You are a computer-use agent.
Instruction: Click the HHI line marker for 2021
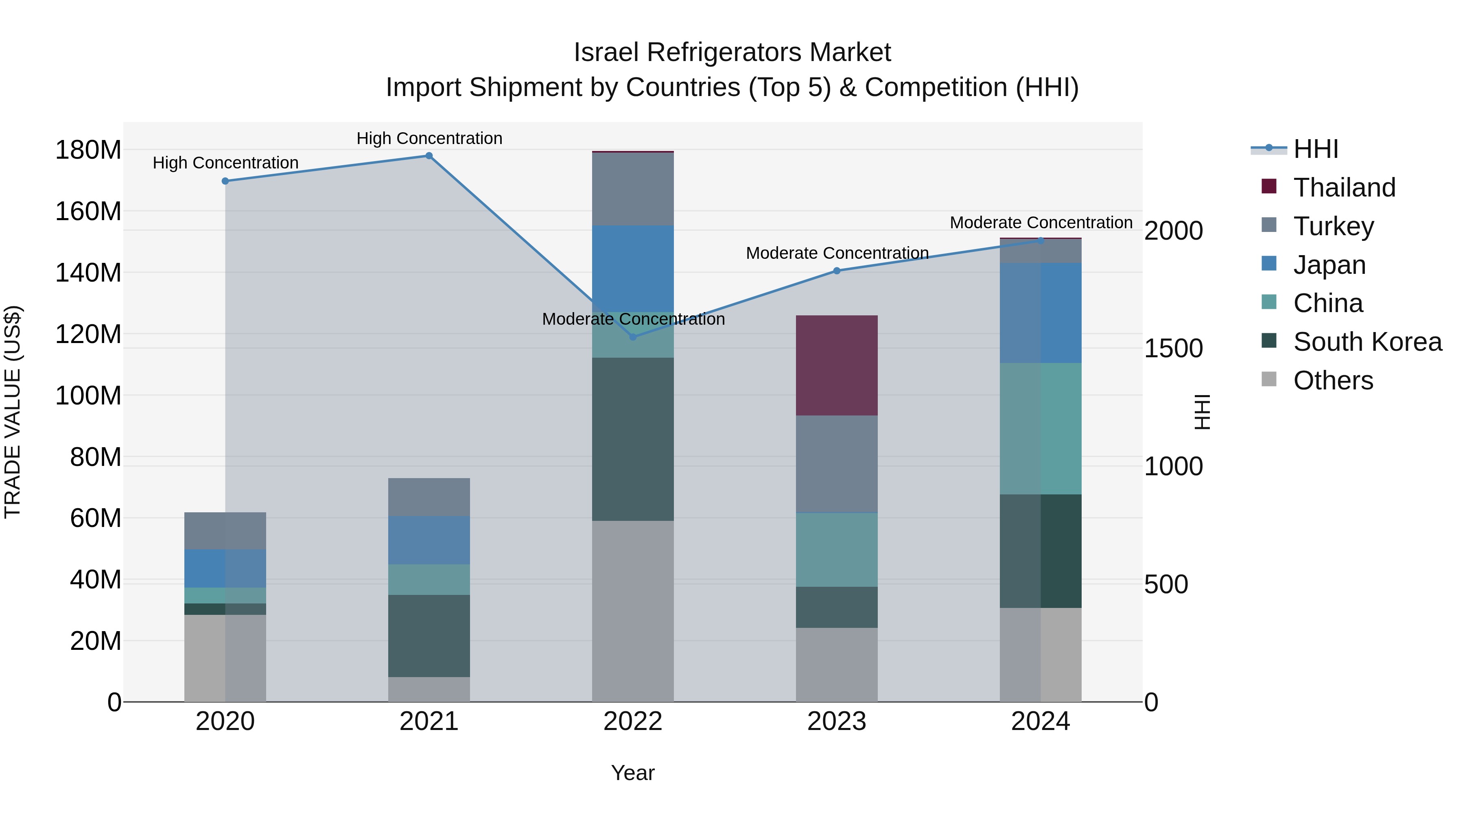pos(429,156)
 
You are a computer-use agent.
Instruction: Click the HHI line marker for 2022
pos(633,337)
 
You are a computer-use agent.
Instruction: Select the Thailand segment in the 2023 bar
pos(837,365)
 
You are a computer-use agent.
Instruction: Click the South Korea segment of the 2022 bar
pos(633,439)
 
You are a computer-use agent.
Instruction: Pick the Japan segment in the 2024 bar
pos(1041,313)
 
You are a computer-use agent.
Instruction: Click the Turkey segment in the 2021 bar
pos(429,497)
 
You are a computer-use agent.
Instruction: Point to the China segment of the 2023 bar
pos(837,549)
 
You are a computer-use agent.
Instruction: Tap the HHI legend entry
pos(1315,149)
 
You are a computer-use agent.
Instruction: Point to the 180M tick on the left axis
pos(88,150)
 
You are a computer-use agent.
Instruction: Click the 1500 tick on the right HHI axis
pos(1173,349)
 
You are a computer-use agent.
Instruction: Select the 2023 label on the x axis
pos(837,721)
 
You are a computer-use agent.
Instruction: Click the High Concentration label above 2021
pos(429,138)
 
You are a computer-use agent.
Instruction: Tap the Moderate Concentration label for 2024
pos(1041,222)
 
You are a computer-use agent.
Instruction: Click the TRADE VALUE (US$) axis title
pos(13,412)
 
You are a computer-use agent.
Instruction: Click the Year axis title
pos(632,773)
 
